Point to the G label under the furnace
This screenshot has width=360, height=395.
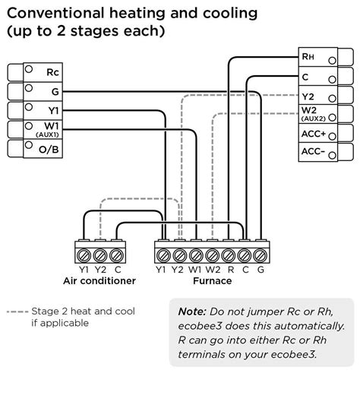tap(261, 268)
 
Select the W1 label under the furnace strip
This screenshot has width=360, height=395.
tap(195, 268)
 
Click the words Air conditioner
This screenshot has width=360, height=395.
tap(99, 280)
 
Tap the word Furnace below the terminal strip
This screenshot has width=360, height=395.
tap(213, 280)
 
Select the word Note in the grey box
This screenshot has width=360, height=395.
tap(191, 311)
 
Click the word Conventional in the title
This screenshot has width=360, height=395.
tap(51, 14)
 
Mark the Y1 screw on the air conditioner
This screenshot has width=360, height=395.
tap(82, 252)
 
